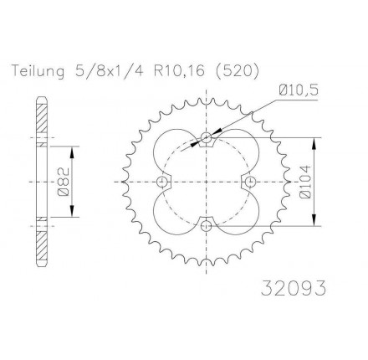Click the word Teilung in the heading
pyautogui.click(x=38, y=71)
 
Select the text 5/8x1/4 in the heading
pyautogui.click(x=110, y=71)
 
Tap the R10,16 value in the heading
pyautogui.click(x=179, y=71)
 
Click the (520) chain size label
pyautogui.click(x=237, y=71)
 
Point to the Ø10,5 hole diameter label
pyautogui.click(x=298, y=90)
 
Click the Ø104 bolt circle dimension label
pyautogui.click(x=305, y=182)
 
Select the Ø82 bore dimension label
pyautogui.click(x=63, y=182)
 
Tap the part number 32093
pyautogui.click(x=294, y=288)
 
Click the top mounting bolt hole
pyautogui.click(x=206, y=137)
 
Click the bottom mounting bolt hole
pyautogui.click(x=206, y=226)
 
